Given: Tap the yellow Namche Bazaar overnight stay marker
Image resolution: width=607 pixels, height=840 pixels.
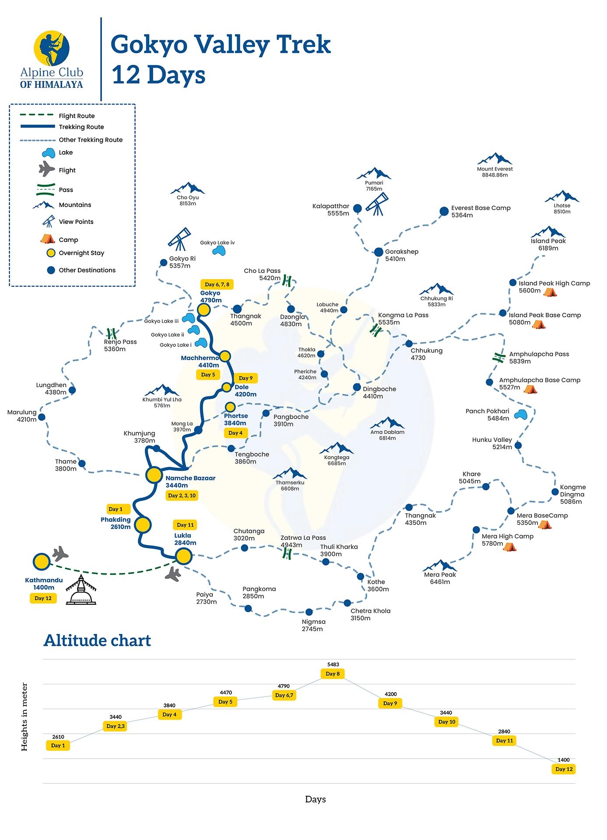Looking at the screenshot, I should [154, 475].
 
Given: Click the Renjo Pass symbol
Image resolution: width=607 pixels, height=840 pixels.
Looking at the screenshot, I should [112, 333].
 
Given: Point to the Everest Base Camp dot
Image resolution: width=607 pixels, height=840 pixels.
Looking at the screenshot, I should [444, 212].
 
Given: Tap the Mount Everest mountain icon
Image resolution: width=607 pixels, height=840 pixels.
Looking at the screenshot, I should [495, 159].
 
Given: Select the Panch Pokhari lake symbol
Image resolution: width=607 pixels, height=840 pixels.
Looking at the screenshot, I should [520, 414].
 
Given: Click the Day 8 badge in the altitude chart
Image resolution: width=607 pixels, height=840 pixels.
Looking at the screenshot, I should [333, 674].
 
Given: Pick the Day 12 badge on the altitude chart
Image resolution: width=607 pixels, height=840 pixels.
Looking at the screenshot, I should [564, 769].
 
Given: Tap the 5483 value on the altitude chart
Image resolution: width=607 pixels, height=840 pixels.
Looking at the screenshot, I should [333, 665].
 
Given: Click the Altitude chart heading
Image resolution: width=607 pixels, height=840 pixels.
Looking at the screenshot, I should [97, 640].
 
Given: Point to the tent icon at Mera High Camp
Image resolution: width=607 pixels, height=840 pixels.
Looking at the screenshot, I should [509, 546].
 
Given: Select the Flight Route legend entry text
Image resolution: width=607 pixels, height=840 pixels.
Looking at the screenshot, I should [77, 116].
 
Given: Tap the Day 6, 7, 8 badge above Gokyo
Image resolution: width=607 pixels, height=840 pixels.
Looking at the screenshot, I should [217, 284].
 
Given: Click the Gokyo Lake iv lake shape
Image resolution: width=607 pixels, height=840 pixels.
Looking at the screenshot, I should [219, 251].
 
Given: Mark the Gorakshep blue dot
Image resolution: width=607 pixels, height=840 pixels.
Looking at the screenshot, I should [379, 252].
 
